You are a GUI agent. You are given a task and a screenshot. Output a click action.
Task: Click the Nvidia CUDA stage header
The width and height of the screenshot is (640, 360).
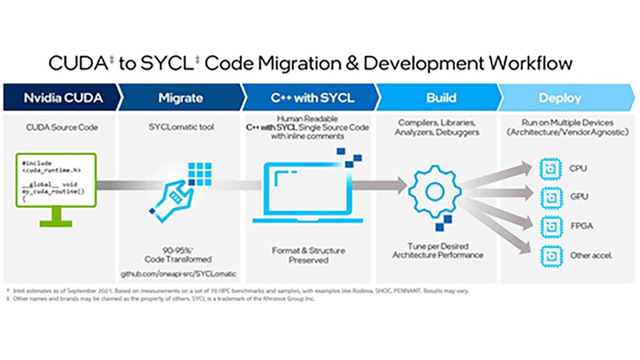coord(63,98)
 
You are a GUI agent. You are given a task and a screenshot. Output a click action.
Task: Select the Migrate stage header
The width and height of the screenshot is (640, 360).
coord(180,98)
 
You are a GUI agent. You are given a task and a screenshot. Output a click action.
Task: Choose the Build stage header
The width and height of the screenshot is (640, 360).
coord(441,98)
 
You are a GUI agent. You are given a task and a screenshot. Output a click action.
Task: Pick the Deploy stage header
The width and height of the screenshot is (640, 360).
coord(559,98)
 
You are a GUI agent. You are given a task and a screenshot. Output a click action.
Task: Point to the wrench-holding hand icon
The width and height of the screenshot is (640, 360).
coord(172,200)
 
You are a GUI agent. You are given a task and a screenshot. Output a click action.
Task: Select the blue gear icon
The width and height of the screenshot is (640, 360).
coord(435,191)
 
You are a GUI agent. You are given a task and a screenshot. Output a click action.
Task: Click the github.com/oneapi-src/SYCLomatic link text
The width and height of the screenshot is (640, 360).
coord(178,274)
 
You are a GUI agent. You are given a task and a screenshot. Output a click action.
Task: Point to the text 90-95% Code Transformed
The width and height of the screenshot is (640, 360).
coord(178,255)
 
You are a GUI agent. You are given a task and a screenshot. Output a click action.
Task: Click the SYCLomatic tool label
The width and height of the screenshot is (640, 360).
coord(181,127)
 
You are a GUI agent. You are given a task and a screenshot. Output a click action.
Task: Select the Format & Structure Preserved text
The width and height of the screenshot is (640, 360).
coord(308,255)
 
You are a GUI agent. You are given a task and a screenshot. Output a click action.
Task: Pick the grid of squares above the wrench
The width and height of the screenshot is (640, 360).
coord(200,174)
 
